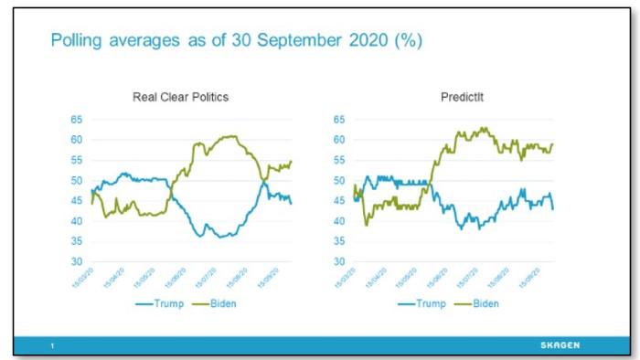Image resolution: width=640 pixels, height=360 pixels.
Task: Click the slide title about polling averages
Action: pyautogui.click(x=236, y=41)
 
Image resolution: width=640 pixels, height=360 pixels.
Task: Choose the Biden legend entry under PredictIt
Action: pyautogui.click(x=481, y=302)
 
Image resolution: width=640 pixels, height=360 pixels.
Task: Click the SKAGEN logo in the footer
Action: pyautogui.click(x=558, y=344)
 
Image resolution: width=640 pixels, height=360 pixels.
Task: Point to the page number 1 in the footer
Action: pyautogui.click(x=53, y=345)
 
